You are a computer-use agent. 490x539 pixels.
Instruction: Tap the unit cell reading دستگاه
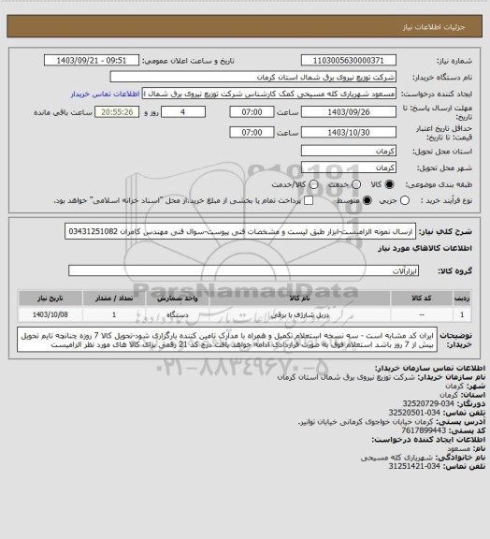[192, 315]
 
